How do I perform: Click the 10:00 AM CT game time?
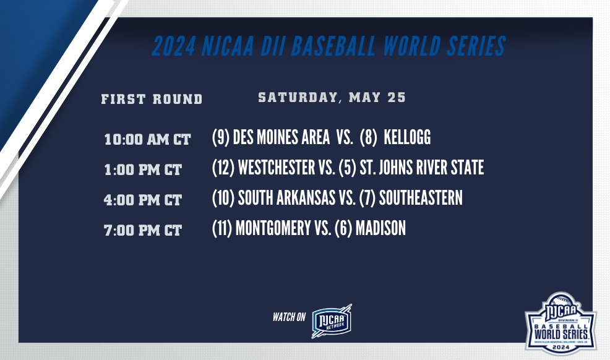[x=147, y=139]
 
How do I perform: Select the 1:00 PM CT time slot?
[x=144, y=169]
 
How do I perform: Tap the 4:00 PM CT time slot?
[x=144, y=200]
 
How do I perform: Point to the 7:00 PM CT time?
[x=144, y=231]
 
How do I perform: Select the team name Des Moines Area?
[x=281, y=137]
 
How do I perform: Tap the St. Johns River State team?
[x=421, y=168]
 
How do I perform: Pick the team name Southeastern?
[x=421, y=198]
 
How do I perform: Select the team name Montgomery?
[x=272, y=228]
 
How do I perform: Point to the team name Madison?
[x=380, y=228]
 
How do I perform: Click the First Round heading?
[x=152, y=99]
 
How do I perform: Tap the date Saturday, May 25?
[x=332, y=98]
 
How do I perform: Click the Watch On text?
[x=289, y=317]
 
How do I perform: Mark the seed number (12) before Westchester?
[x=221, y=168]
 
